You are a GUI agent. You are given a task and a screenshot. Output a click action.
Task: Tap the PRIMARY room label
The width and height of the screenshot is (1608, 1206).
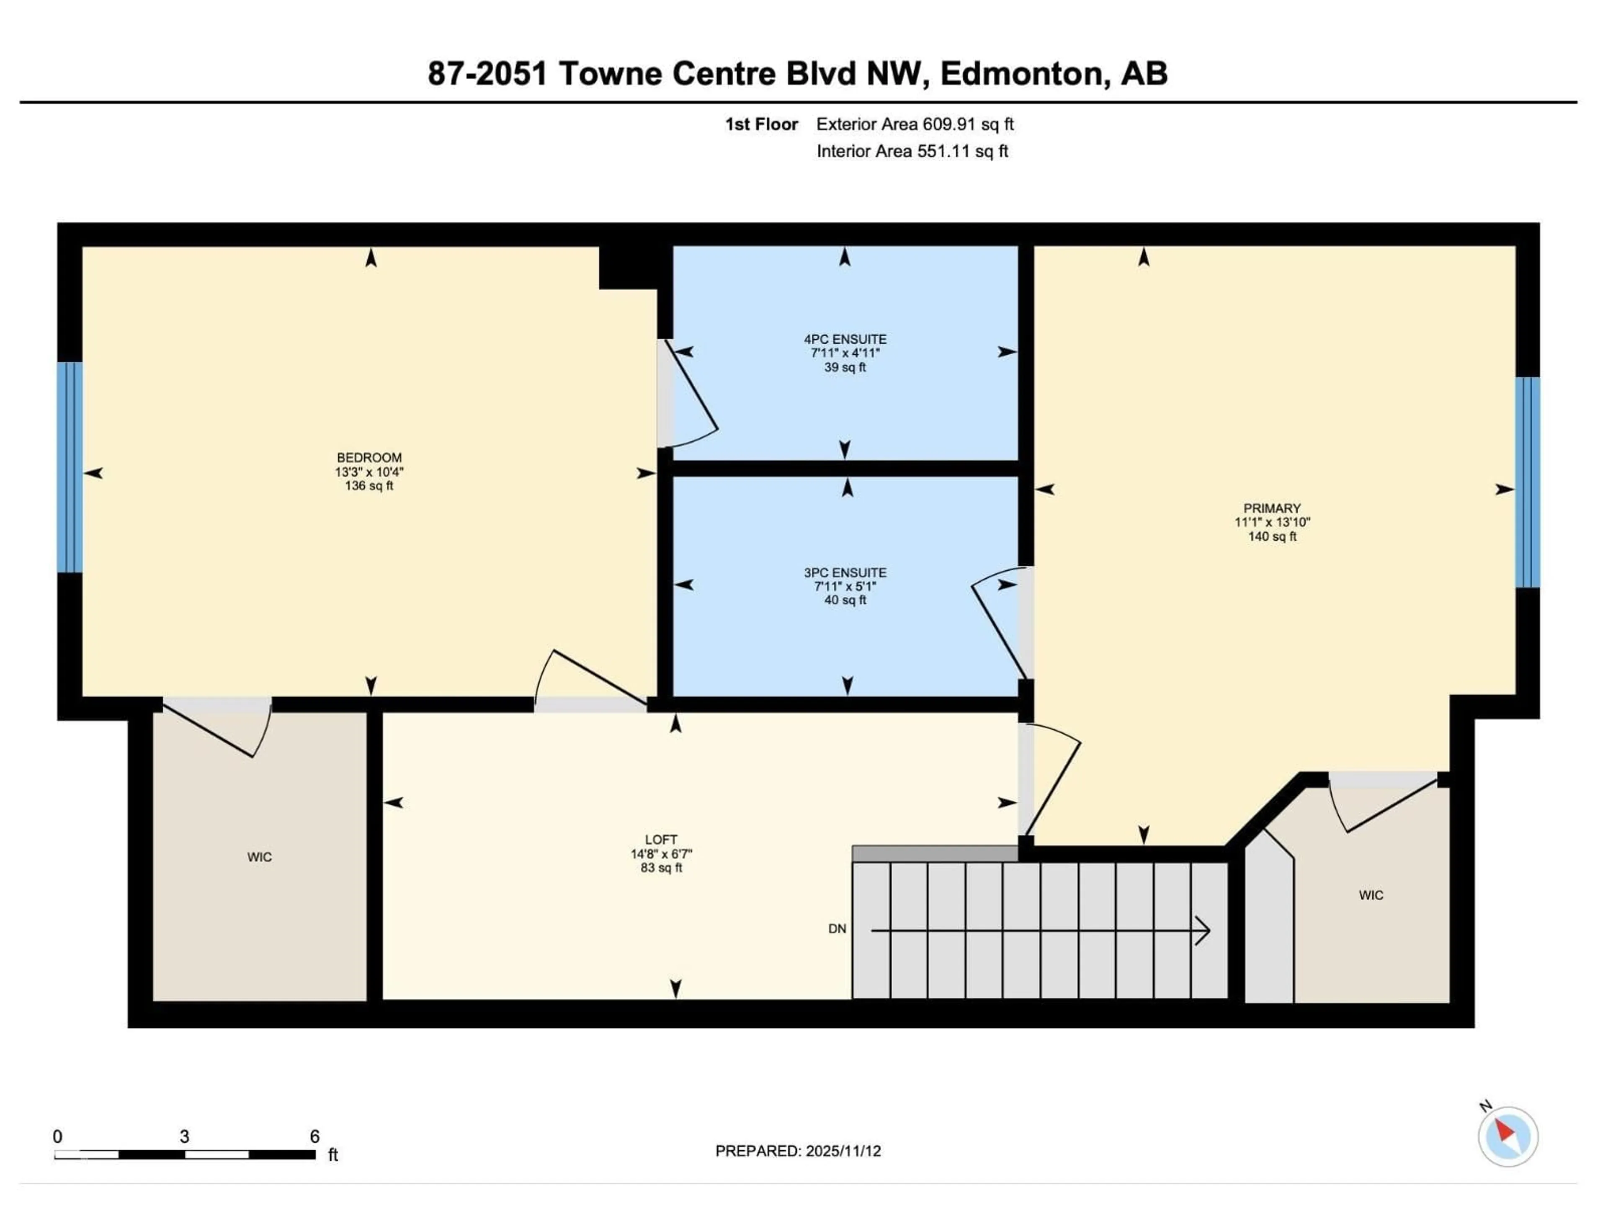[x=1271, y=508]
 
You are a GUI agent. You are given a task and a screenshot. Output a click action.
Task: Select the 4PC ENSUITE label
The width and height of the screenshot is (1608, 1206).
[x=845, y=340]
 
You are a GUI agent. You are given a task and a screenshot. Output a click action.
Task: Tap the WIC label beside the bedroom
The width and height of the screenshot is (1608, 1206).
[x=260, y=857]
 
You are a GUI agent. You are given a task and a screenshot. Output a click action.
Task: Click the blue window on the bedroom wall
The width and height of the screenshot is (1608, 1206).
[x=70, y=467]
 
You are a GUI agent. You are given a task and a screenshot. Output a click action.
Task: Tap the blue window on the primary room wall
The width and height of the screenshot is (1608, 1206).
[x=1527, y=482]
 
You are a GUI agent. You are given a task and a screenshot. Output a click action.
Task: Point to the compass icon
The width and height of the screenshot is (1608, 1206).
[x=1507, y=1136]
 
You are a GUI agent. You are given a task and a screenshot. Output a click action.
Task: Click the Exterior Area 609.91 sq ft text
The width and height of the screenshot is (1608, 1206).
[x=915, y=124]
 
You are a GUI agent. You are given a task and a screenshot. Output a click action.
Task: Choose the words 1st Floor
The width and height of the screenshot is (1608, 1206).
[x=761, y=124]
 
